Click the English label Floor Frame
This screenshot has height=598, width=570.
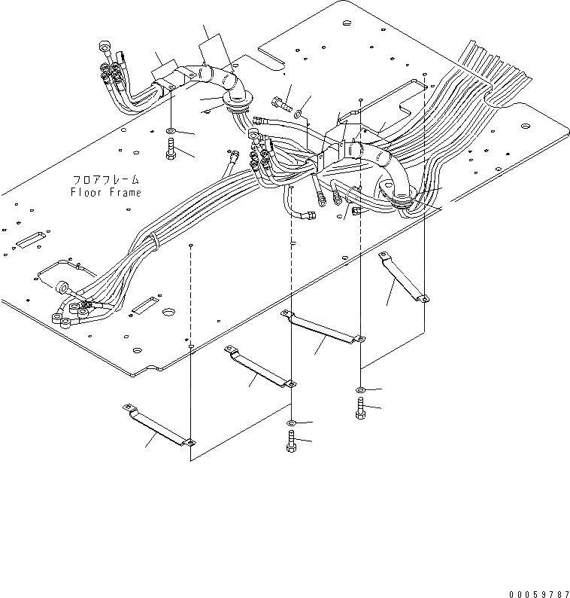coord(106,192)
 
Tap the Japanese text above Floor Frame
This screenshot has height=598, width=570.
coord(106,180)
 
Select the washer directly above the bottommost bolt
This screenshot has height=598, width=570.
coord(292,423)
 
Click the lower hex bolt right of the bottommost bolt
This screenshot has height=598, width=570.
coord(360,410)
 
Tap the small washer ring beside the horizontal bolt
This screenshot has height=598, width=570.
coord(299,114)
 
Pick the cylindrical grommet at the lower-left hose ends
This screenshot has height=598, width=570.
coord(62,287)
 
